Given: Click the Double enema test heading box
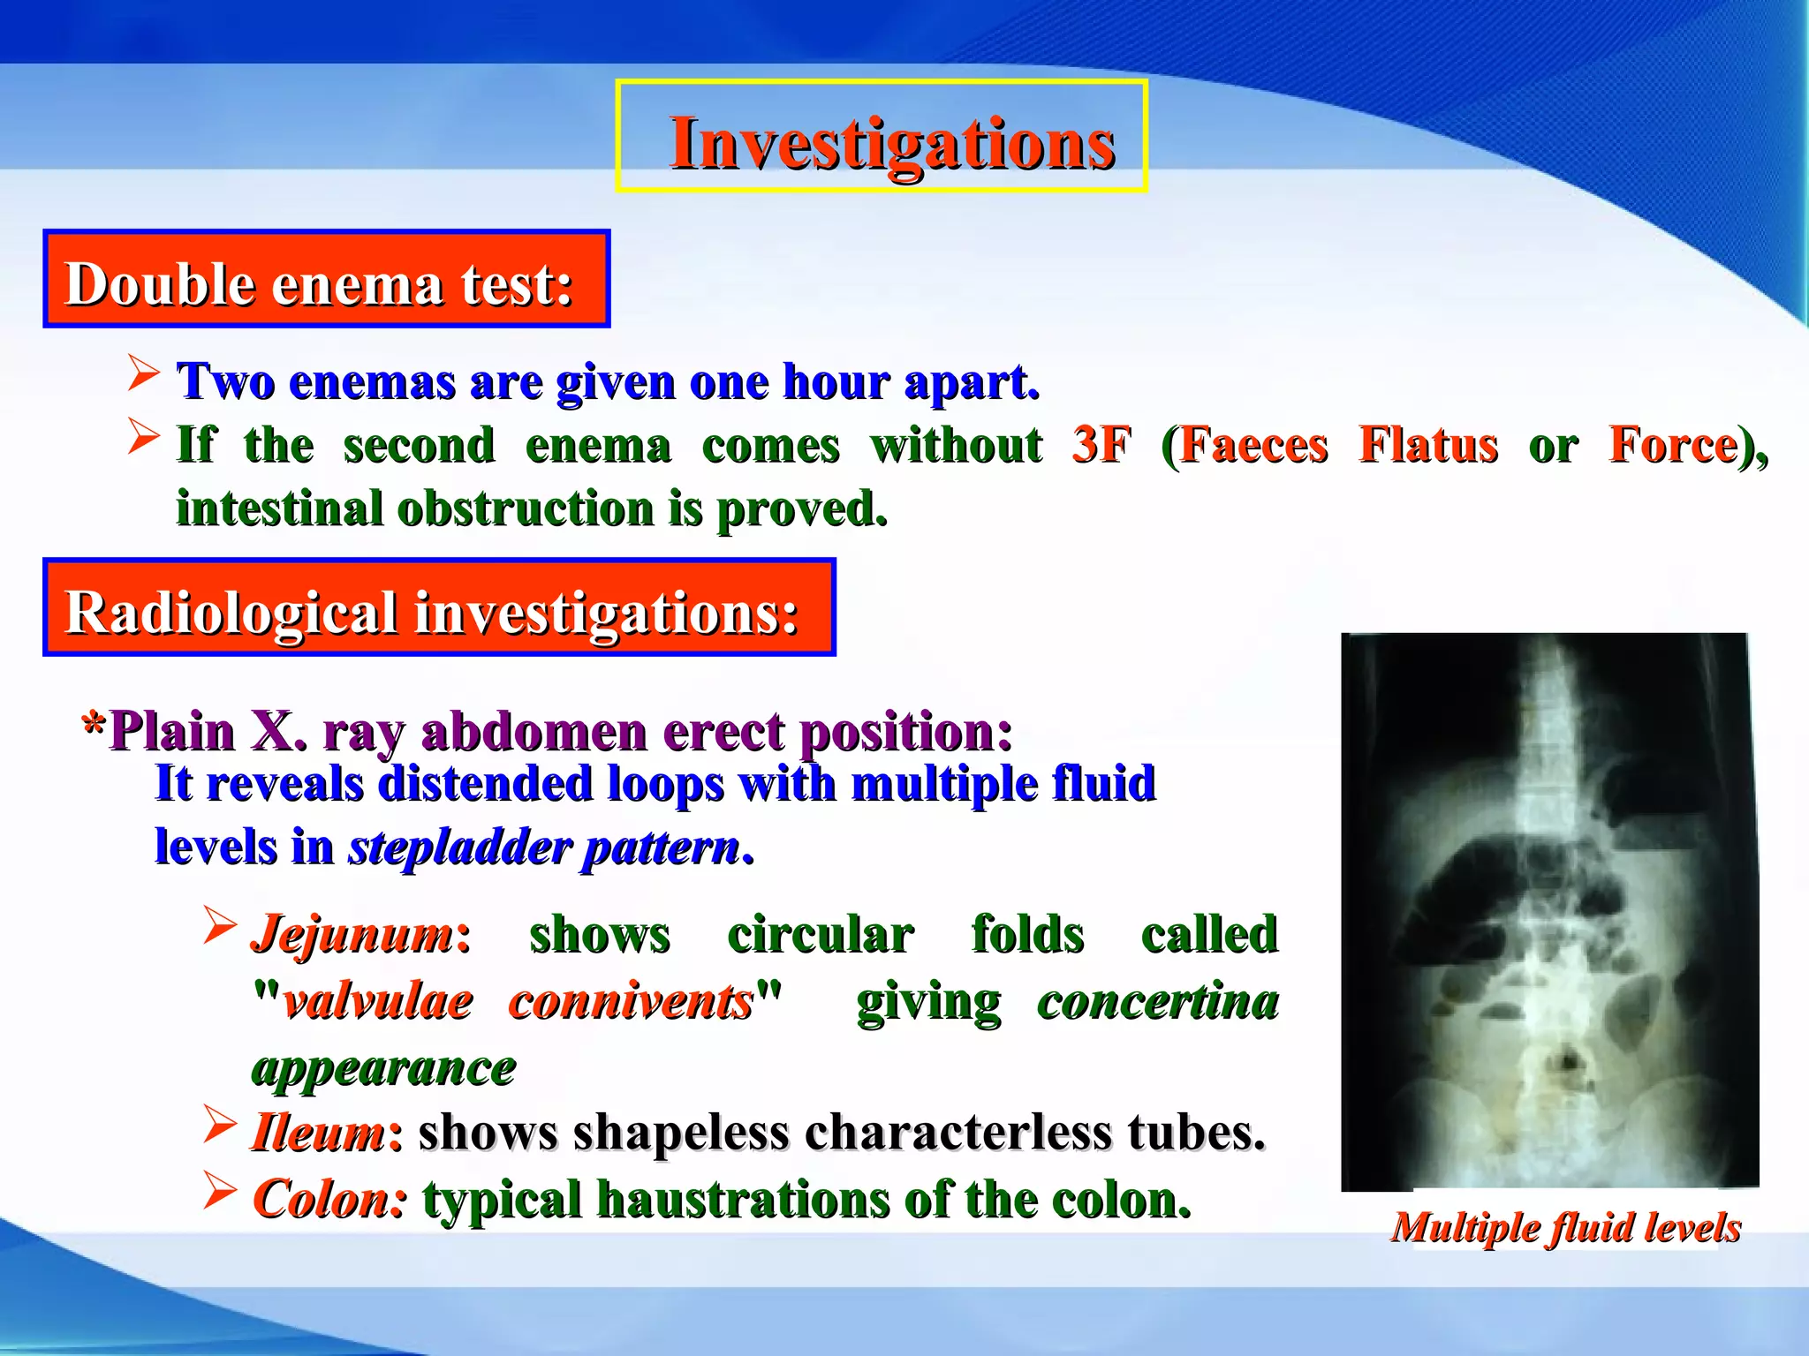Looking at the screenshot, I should [326, 280].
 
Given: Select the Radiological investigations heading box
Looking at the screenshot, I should [439, 608].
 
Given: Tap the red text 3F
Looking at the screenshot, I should [1101, 444].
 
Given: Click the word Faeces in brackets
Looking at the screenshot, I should [1253, 444].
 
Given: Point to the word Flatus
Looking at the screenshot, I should [1427, 444].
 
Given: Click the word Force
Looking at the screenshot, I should [1672, 444].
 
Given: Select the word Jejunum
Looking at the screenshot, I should [352, 934].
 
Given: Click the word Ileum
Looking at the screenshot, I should [319, 1133].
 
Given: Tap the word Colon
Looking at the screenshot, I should [329, 1199].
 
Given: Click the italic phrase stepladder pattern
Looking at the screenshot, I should [544, 847].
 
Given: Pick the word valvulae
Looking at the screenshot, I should [378, 1001].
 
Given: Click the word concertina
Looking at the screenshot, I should [1157, 1001].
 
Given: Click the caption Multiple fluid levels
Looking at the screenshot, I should [1565, 1227].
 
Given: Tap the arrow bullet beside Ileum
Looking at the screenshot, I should [220, 1123].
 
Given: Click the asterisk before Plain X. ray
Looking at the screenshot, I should [94, 727].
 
